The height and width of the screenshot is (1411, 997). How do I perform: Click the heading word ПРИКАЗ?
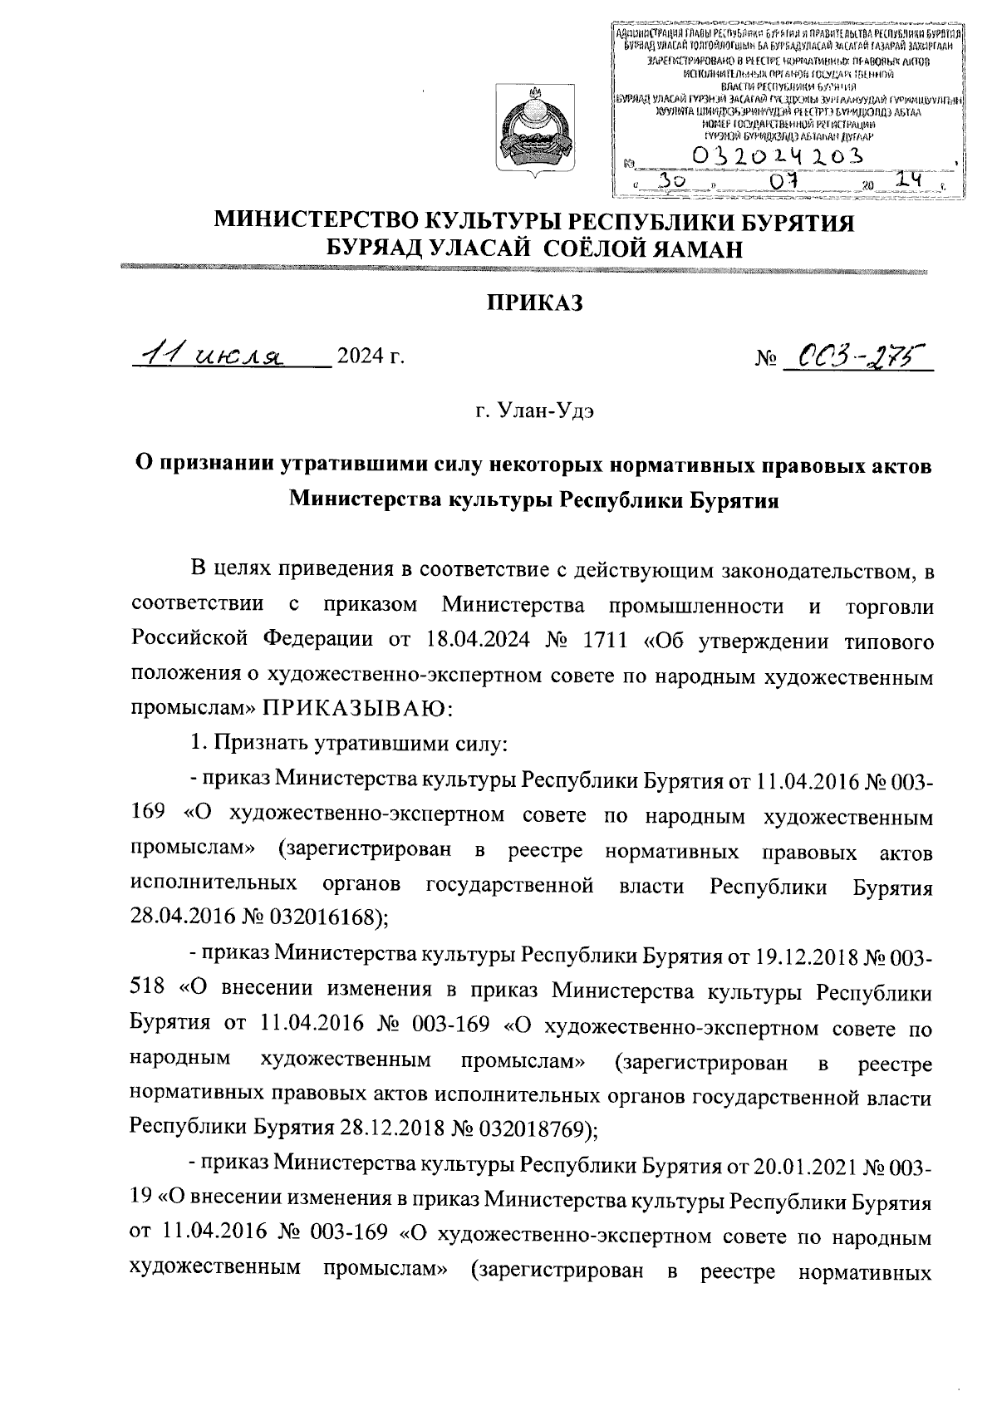click(535, 304)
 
